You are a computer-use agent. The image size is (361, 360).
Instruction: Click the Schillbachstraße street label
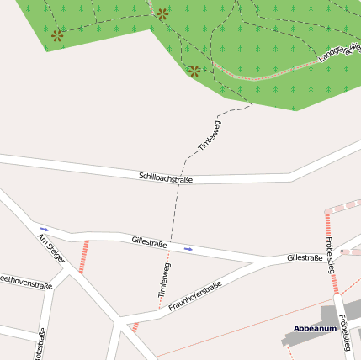tap(166, 177)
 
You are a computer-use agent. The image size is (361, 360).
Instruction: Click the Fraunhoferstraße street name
tap(194, 296)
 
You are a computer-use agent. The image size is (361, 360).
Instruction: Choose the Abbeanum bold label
tap(315, 328)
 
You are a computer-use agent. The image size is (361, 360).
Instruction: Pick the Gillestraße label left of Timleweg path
tap(149, 242)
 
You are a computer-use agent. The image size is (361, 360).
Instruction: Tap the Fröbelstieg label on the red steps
tap(330, 251)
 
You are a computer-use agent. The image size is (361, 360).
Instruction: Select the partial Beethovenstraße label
tap(25, 283)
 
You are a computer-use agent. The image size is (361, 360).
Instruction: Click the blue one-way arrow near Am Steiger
tap(45, 229)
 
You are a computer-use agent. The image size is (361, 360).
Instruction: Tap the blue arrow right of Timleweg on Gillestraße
tap(188, 249)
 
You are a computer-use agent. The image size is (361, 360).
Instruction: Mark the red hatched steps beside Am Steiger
tap(83, 257)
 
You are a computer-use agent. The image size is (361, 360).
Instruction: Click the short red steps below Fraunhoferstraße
tap(135, 326)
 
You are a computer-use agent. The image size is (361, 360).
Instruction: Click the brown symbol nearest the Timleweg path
tap(194, 71)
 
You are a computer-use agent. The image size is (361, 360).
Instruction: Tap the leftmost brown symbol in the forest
tap(57, 35)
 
